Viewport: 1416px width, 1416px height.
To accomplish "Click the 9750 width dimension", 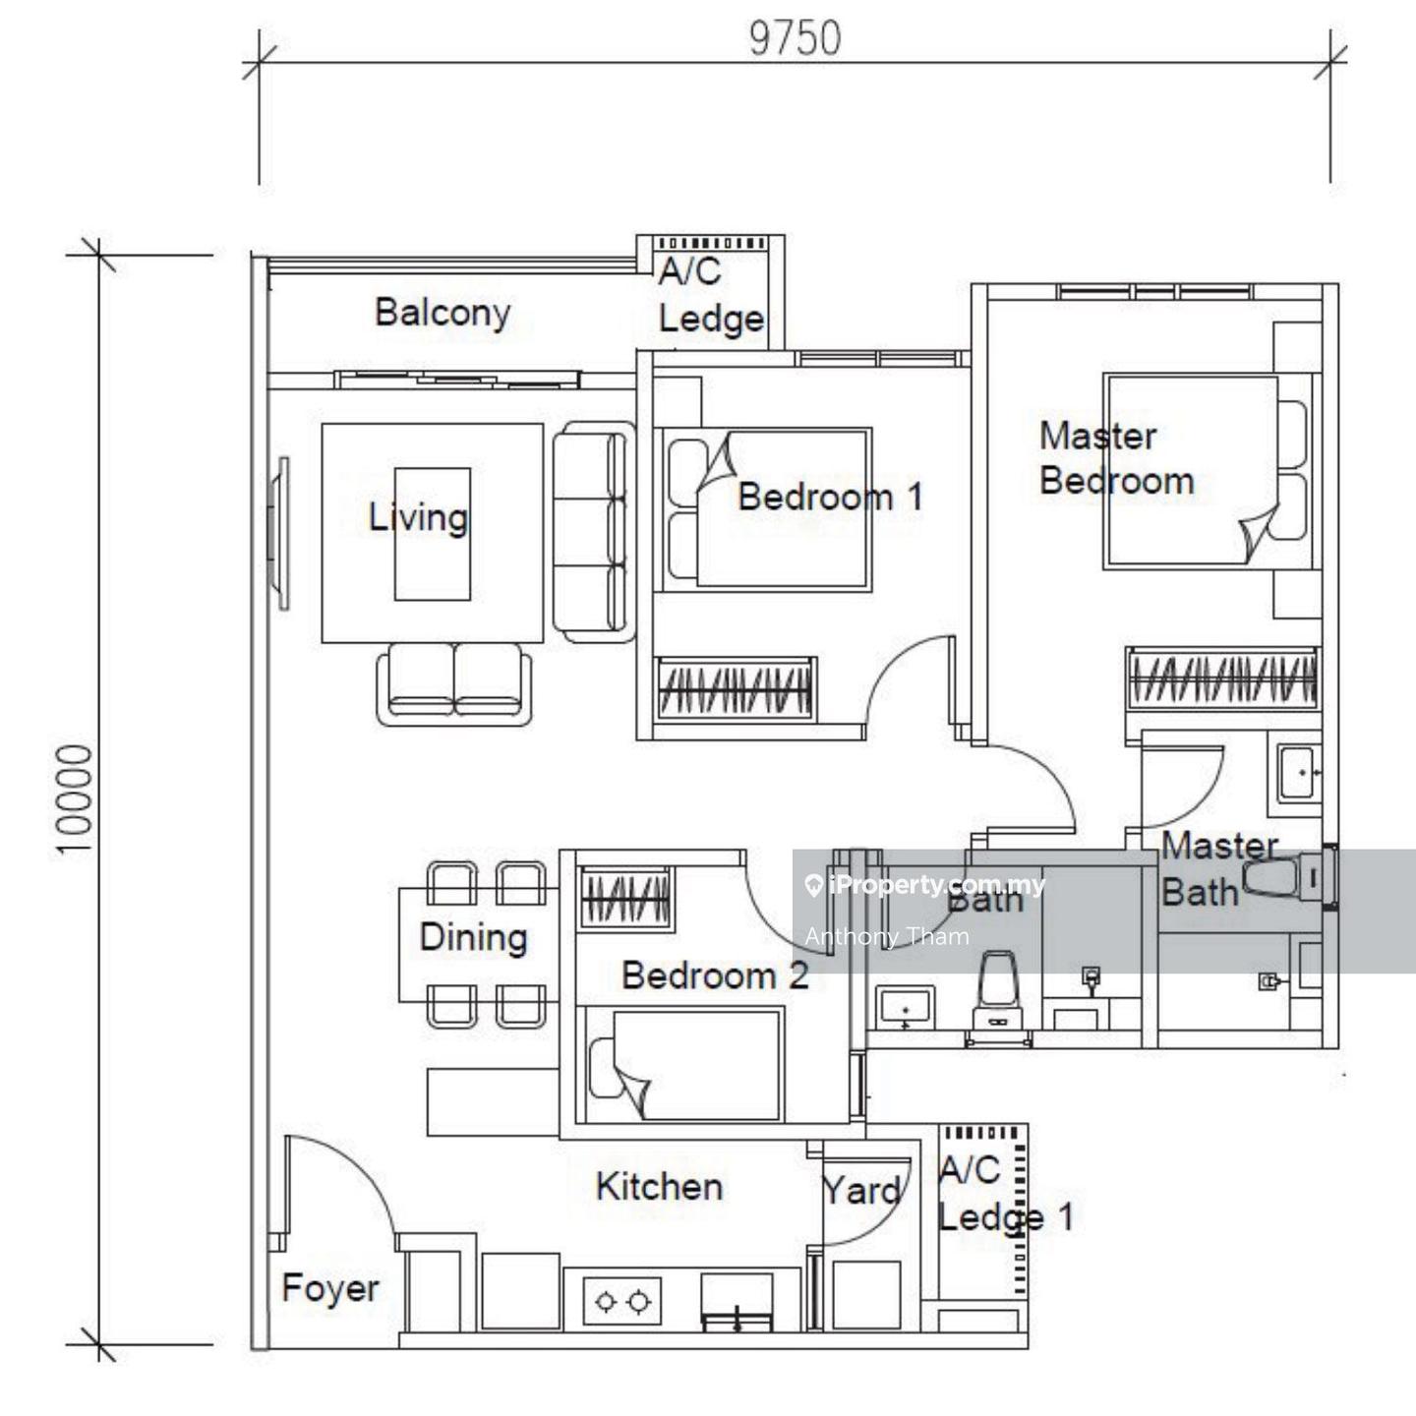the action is tap(795, 39).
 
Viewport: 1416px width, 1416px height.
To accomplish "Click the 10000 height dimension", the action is tap(76, 799).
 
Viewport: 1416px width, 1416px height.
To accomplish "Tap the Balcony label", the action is tap(442, 313).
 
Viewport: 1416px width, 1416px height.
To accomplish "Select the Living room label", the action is tap(418, 517).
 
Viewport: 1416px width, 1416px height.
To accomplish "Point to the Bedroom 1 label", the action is tap(830, 497).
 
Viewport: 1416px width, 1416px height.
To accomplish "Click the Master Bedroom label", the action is tap(1116, 458).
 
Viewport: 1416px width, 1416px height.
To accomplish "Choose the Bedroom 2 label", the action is tap(715, 975).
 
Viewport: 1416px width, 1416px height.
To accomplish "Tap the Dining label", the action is tap(473, 937).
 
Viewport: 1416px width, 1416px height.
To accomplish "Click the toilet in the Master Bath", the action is tap(1287, 878).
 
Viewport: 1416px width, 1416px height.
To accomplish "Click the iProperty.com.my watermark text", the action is tap(925, 885).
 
